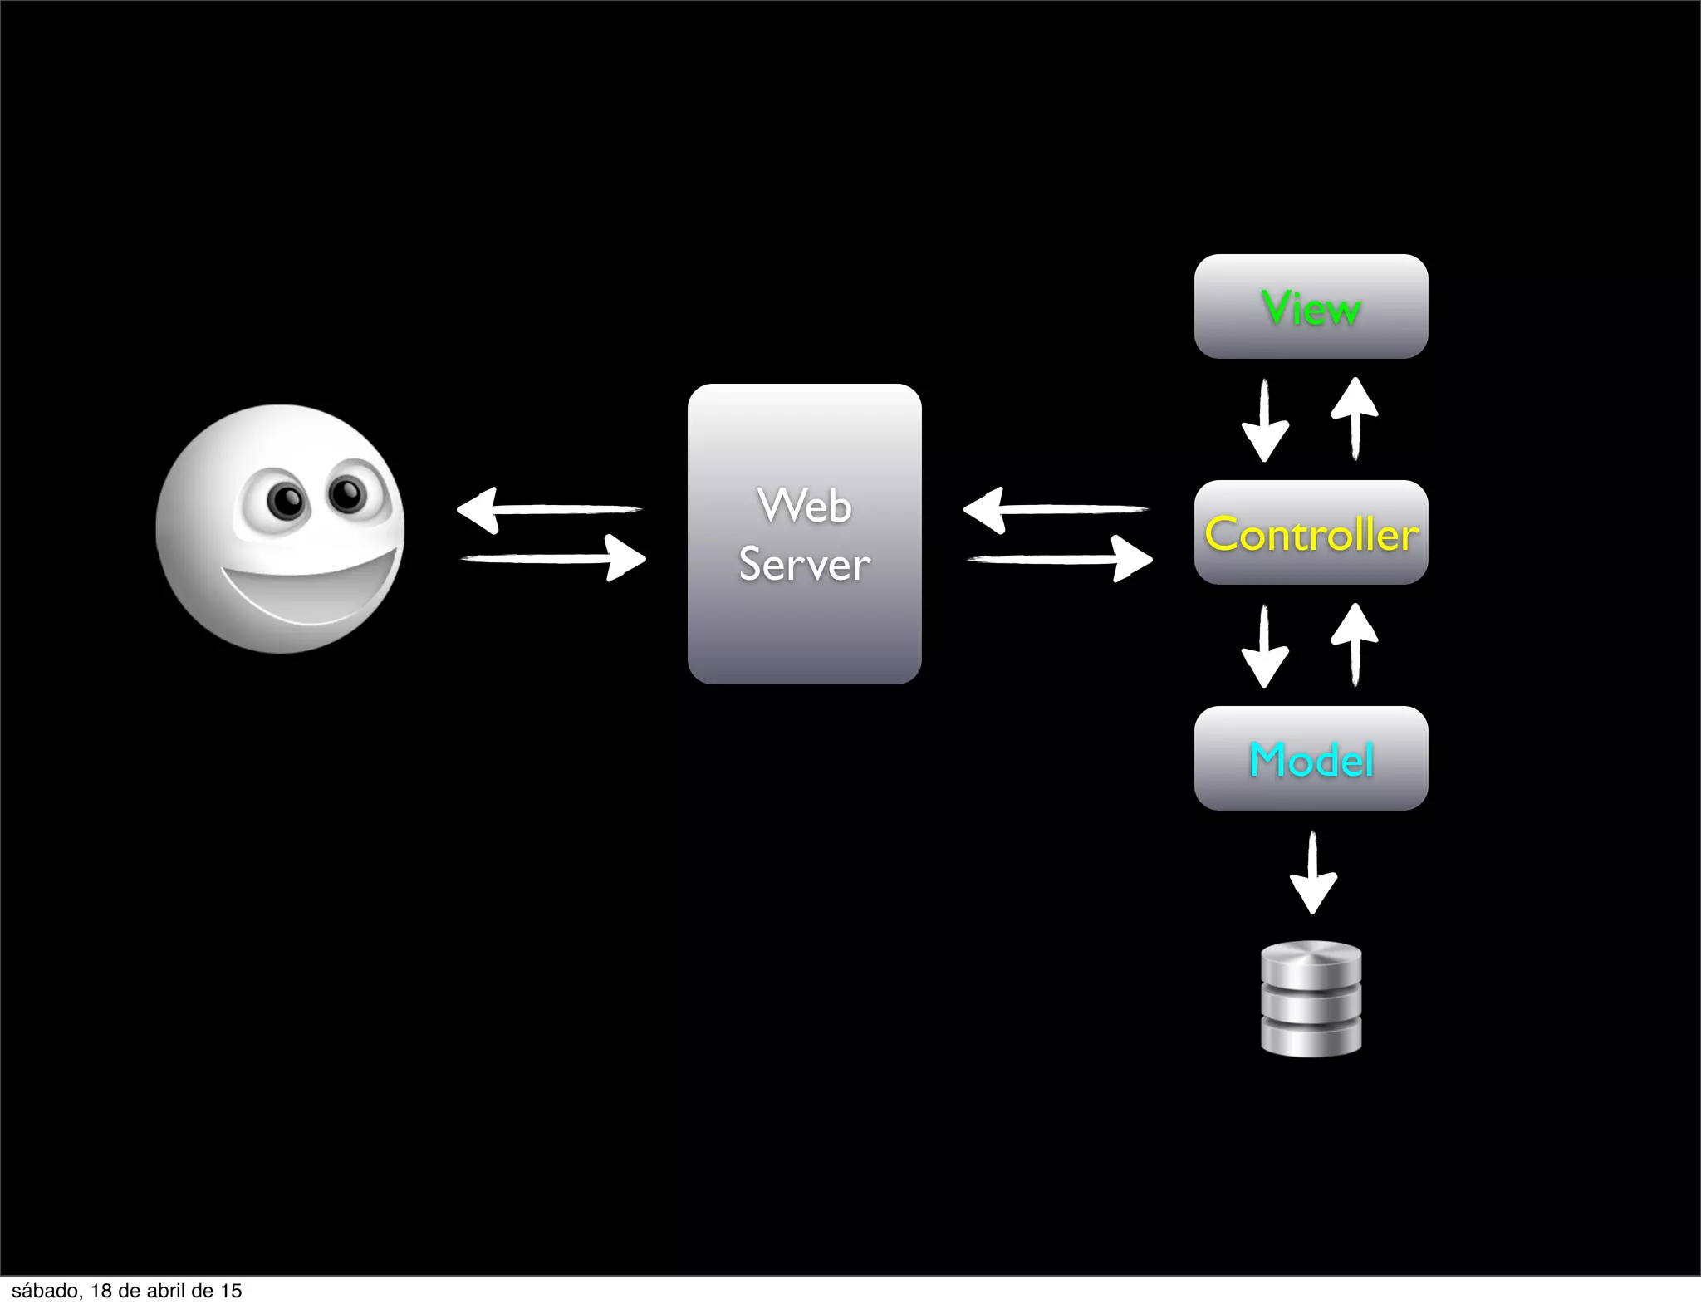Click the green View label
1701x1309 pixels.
click(x=1311, y=308)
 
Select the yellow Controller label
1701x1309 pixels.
click(x=1311, y=534)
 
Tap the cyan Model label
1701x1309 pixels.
click(x=1311, y=760)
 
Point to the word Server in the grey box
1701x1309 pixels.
click(x=804, y=565)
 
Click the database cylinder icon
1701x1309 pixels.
click(x=1311, y=998)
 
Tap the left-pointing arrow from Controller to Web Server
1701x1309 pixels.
click(x=1056, y=509)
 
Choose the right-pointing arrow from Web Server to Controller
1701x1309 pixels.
click(x=1060, y=558)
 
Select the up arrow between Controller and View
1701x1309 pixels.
click(x=1355, y=419)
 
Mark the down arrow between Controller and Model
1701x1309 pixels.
click(x=1265, y=646)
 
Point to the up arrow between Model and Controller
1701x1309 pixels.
click(x=1355, y=645)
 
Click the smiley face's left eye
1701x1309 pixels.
click(x=287, y=500)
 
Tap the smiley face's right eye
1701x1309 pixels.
click(x=347, y=494)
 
